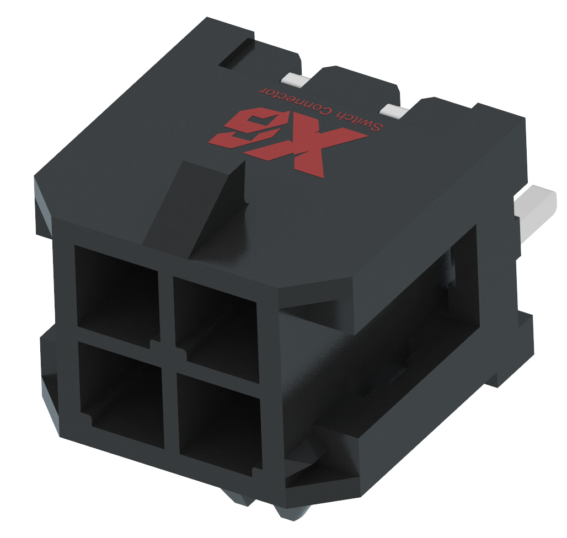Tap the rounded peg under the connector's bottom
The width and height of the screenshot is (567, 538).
[x=292, y=510]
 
